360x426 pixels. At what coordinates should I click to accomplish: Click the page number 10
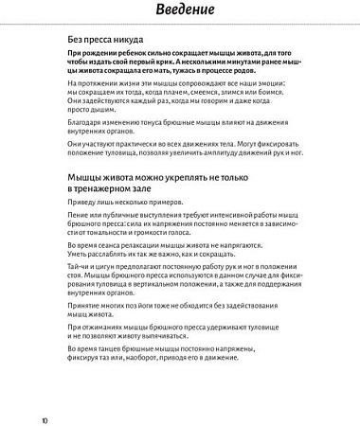[x=44, y=417]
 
